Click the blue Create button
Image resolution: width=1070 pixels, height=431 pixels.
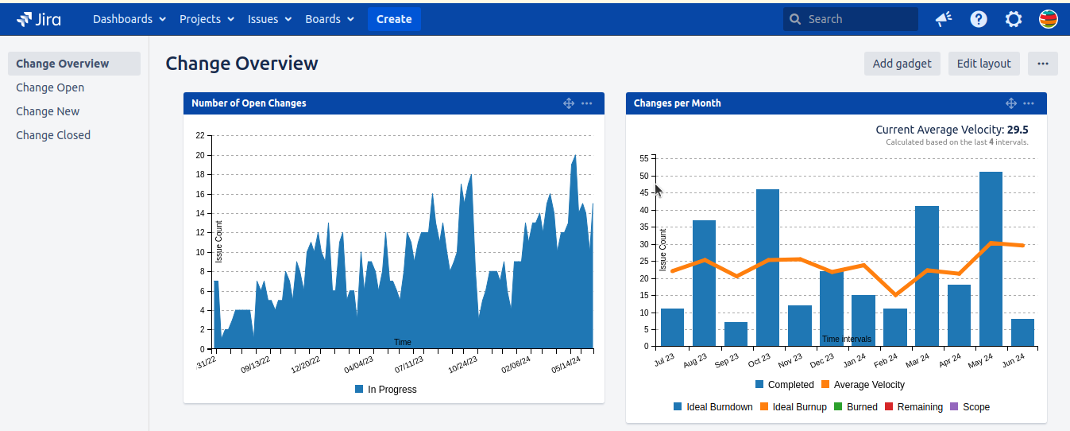coord(394,19)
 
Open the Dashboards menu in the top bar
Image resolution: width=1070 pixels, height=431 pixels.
coord(129,19)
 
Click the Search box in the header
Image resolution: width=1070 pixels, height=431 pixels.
coord(850,19)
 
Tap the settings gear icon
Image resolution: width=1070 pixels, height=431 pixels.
coord(1014,19)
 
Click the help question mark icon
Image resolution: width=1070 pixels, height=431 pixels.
coord(979,19)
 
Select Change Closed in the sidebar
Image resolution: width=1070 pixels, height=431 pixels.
coord(53,135)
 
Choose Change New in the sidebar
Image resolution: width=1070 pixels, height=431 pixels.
coord(48,111)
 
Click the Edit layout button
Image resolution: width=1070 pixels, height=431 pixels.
coord(983,64)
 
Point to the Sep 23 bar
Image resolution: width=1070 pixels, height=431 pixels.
coord(736,334)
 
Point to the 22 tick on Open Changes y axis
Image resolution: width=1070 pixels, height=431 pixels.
coord(199,135)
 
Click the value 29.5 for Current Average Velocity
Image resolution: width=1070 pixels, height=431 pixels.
coord(1017,130)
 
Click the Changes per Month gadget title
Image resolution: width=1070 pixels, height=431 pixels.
coord(678,103)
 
